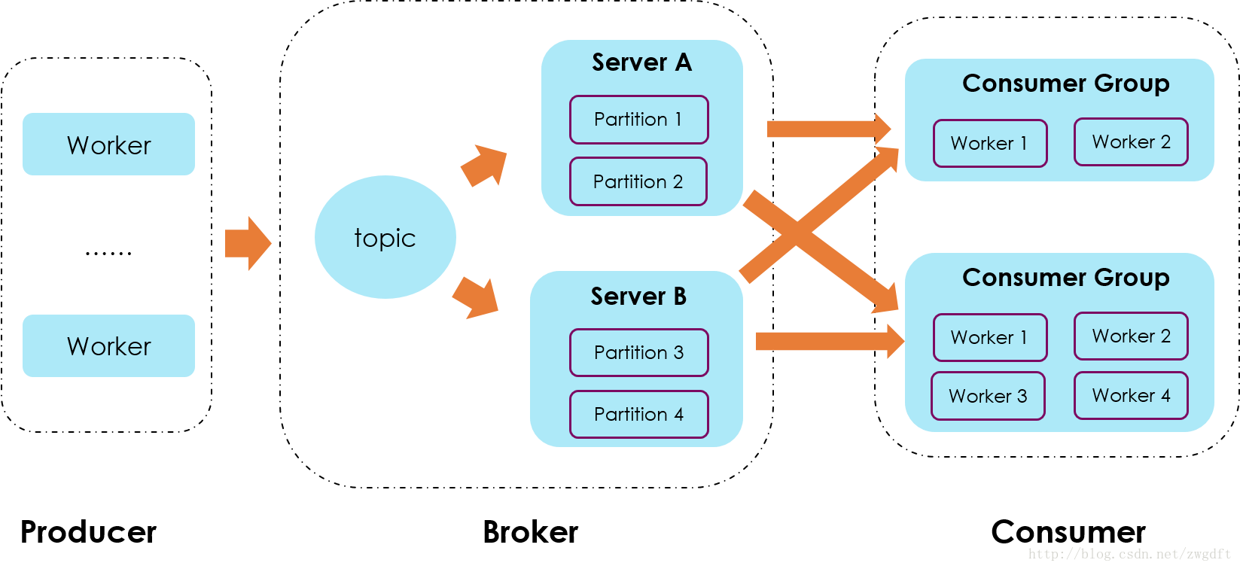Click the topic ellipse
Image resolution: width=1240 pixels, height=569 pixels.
coord(385,237)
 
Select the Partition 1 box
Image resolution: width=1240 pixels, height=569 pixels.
coord(638,120)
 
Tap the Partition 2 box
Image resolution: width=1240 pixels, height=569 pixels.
coord(638,181)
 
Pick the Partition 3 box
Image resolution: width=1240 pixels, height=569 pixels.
coord(638,352)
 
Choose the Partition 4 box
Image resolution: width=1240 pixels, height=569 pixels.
coord(638,415)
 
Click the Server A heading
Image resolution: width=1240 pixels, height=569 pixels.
coord(642,62)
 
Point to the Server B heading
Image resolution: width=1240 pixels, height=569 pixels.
coord(638,296)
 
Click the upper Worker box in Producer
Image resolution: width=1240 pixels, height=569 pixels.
coord(108,145)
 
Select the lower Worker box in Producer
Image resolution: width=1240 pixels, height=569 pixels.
coord(108,346)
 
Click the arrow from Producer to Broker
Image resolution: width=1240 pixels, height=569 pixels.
coord(248,244)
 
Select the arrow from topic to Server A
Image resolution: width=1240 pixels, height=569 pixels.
coord(484,165)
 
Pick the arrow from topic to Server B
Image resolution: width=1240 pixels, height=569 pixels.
coord(476,298)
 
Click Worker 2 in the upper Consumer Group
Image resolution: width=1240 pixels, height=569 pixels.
coord(1131,141)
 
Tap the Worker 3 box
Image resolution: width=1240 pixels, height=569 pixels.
coord(988,396)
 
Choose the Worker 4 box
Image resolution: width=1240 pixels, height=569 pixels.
coord(1131,395)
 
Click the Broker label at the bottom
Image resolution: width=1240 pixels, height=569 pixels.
coord(530,532)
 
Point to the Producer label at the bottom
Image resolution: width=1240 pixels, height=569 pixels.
coord(89,532)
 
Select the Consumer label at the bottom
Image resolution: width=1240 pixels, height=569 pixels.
coord(1068,532)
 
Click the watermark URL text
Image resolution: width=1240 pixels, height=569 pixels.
coord(1129,554)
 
